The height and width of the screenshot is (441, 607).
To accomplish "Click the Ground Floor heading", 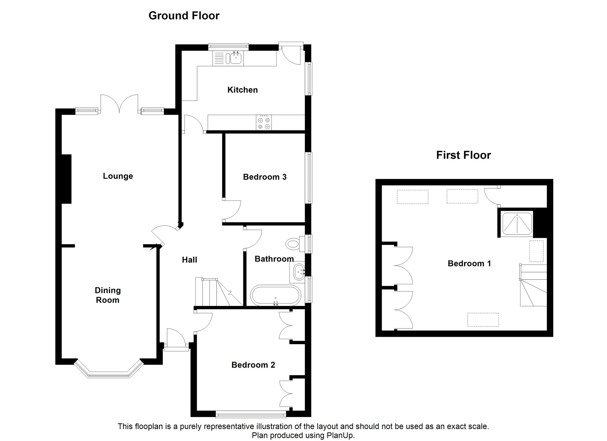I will coord(184,16).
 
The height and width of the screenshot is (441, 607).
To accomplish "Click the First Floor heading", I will coord(463,155).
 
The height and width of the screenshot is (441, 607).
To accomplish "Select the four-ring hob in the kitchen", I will coord(264,123).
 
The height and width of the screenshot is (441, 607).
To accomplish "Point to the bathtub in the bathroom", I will coord(276,295).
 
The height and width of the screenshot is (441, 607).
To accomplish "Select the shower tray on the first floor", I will coord(517,224).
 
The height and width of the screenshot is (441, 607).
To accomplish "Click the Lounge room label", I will coord(118,176).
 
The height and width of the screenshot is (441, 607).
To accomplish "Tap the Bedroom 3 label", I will coord(265,177).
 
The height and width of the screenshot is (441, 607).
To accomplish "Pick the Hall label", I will coord(189,260).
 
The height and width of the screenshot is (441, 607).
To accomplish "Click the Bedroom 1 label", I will coord(469,263).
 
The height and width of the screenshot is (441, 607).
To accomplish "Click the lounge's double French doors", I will coord(119,104).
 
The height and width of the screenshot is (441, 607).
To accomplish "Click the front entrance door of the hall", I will coord(176,339).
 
